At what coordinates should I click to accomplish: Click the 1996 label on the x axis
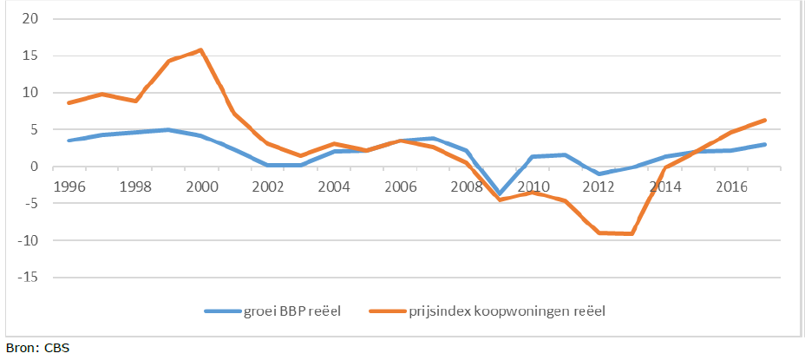coord(69,187)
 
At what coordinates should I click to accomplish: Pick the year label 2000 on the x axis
coord(202,187)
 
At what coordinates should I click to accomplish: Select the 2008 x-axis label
coord(468,187)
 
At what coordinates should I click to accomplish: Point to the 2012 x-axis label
coord(600,187)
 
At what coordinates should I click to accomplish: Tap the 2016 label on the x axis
coord(733,187)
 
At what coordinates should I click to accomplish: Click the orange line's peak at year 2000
coord(202,49)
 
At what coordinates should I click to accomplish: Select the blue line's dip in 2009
coord(501,193)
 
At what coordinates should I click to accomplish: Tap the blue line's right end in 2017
coord(765,145)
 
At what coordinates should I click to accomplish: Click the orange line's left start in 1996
coord(69,103)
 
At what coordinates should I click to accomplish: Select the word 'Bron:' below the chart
coord(21,349)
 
